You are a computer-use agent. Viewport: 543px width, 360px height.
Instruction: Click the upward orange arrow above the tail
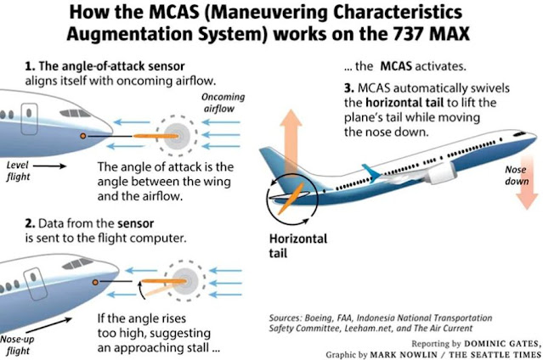tap(291, 142)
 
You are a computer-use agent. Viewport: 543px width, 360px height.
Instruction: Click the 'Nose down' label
tap(517, 176)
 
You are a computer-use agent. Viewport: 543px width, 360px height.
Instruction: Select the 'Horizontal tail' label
tap(297, 245)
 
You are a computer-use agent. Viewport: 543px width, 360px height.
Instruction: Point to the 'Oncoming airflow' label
tap(223, 103)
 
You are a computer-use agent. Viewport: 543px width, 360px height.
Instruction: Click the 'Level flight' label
tap(18, 171)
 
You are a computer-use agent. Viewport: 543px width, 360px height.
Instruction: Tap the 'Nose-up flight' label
tap(17, 345)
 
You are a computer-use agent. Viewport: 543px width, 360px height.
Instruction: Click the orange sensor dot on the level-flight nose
tap(83, 136)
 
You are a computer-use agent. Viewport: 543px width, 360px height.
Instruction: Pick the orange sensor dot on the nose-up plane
tap(95, 283)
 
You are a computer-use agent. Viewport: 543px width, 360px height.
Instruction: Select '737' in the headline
tap(409, 34)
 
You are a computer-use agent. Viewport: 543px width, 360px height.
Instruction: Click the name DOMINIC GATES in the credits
tap(502, 344)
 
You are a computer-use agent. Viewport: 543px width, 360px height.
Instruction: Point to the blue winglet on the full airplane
tap(370, 172)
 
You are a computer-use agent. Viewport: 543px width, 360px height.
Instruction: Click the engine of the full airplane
tap(440, 172)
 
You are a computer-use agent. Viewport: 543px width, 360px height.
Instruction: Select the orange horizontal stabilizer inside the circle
tap(291, 199)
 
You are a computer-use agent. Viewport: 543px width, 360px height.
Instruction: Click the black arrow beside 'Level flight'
tap(49, 166)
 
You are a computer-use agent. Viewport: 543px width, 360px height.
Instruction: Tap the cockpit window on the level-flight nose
tap(75, 113)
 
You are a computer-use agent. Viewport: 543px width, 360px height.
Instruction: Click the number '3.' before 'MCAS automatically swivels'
tap(349, 88)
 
